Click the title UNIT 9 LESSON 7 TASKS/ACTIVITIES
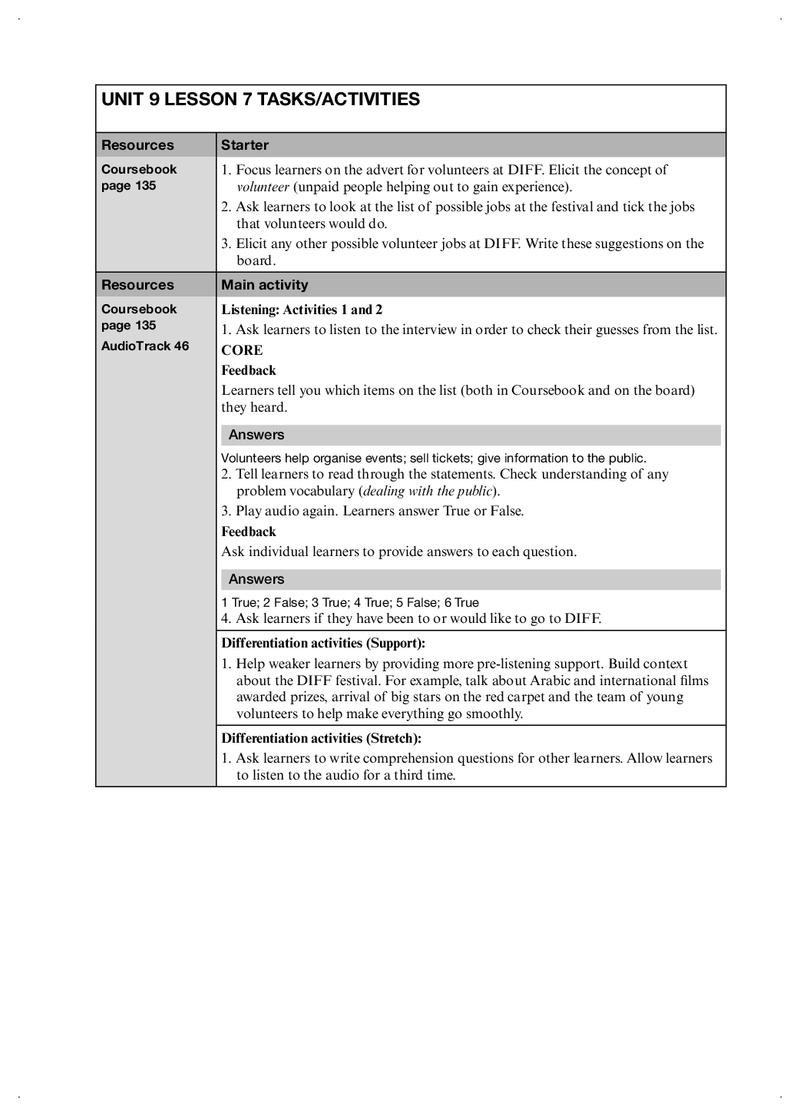point(260,100)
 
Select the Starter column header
point(245,145)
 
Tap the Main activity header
point(264,285)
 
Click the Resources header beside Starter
point(137,145)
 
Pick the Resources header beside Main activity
point(137,285)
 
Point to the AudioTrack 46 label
point(145,346)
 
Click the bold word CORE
point(242,350)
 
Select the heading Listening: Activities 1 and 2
point(302,310)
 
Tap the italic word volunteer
point(263,187)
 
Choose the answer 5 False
point(416,603)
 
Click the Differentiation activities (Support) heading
point(323,643)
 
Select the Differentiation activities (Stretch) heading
point(321,738)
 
